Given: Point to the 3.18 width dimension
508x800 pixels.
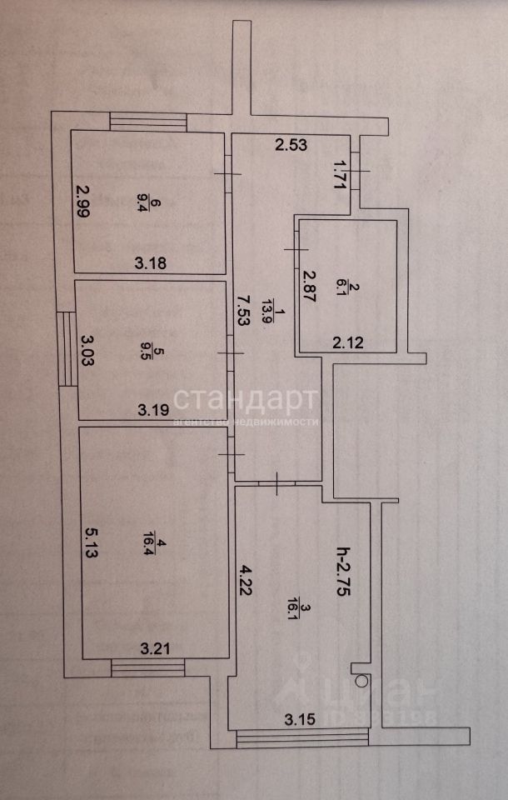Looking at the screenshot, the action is coord(152,264).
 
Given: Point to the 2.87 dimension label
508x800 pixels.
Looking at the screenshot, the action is coord(308,287).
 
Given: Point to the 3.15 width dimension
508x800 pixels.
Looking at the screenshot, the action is coord(300,719).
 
